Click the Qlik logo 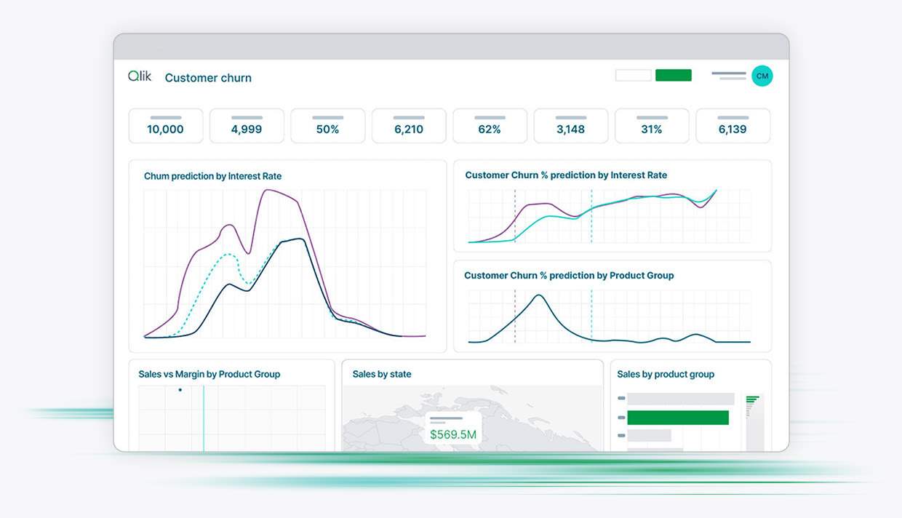point(140,76)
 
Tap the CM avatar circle point(762,76)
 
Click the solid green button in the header point(673,75)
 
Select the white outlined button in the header point(633,75)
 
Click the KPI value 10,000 point(165,129)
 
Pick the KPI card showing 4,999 point(247,126)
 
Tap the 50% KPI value point(327,129)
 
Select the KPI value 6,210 point(409,129)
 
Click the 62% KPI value point(490,129)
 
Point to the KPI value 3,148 point(570,129)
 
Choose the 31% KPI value point(652,129)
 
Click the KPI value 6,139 point(733,129)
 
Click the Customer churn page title point(208,78)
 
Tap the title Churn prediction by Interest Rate point(212,176)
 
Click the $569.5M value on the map point(452,435)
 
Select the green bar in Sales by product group point(677,418)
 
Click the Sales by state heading point(382,374)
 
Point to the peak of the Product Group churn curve point(538,295)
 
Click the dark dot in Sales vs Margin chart point(180,390)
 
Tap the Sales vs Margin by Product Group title point(209,374)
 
